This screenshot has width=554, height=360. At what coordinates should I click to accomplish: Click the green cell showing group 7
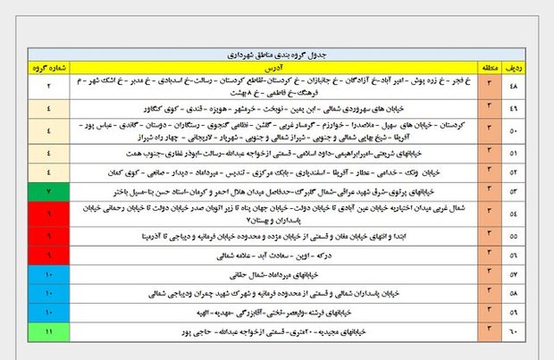(48, 191)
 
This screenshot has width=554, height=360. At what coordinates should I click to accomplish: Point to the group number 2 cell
(48, 86)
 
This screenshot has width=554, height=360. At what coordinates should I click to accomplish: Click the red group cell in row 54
(48, 214)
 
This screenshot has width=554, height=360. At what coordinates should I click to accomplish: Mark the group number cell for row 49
(48, 109)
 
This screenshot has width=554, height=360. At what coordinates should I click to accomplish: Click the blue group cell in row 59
(48, 313)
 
